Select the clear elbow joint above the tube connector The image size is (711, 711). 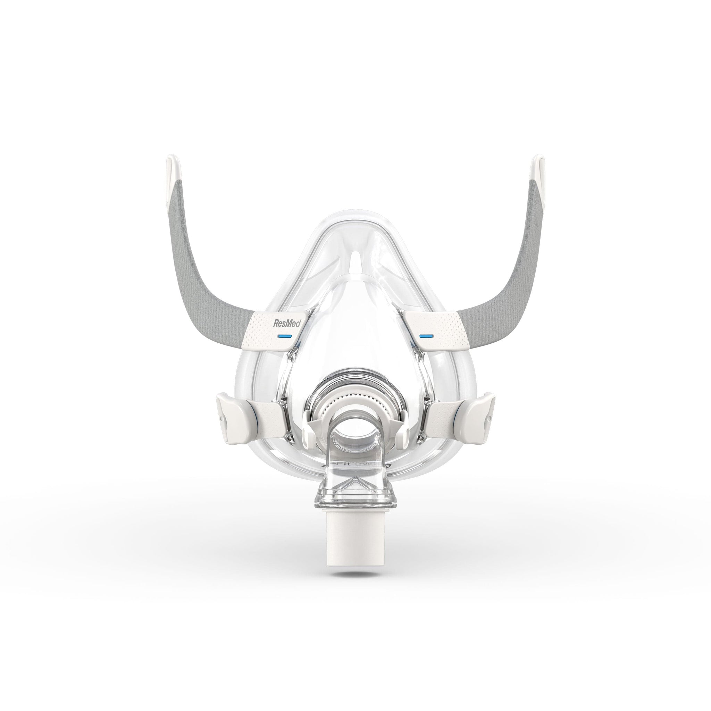[x=355, y=478]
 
